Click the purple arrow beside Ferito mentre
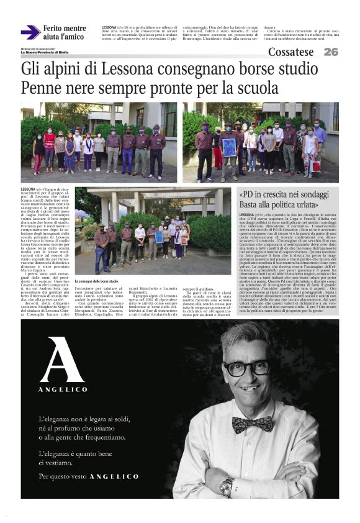pyautogui.click(x=30, y=32)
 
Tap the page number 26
pyautogui.click(x=330, y=52)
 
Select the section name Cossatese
pyautogui.click(x=291, y=52)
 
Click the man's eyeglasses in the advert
pyautogui.click(x=248, y=368)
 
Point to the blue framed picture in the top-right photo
pyautogui.click(x=229, y=147)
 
